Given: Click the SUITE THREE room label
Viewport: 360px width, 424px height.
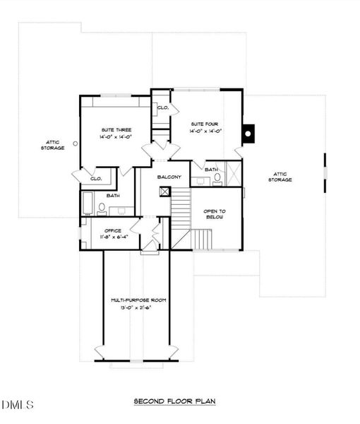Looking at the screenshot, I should coord(116,129).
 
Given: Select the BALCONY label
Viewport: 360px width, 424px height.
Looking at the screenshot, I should coord(169,177).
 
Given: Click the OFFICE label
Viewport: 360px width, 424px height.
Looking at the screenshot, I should coord(113,230).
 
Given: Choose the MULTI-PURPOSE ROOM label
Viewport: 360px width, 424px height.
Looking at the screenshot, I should coord(138,300).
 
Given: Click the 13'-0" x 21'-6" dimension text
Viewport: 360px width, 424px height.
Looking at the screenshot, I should coord(138,308).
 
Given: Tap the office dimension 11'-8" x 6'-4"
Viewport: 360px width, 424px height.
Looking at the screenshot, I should coord(113,237).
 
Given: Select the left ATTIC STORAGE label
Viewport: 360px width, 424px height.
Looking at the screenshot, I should coord(52,145).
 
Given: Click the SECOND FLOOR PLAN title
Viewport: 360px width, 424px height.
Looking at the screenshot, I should coord(174,401).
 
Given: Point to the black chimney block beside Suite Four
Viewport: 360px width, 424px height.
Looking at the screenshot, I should coord(247,132).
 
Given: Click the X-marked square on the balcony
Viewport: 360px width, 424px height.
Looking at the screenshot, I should coord(165,191).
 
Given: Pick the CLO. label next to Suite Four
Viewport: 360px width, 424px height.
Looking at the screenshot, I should coord(162,107).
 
